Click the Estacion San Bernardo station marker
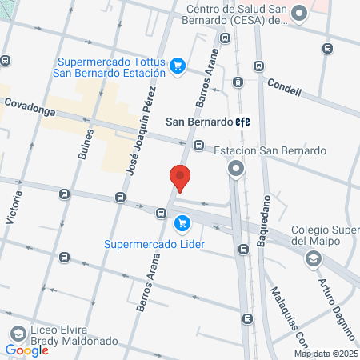pos(236,169)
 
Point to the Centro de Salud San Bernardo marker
pos(299,14)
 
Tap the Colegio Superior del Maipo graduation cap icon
pos(313,258)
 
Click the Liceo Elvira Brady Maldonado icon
pos(15,333)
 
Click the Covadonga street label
pos(30,104)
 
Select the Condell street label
pos(284,86)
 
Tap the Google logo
pos(26,350)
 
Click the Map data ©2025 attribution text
pos(326,353)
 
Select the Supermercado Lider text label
pos(154,243)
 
